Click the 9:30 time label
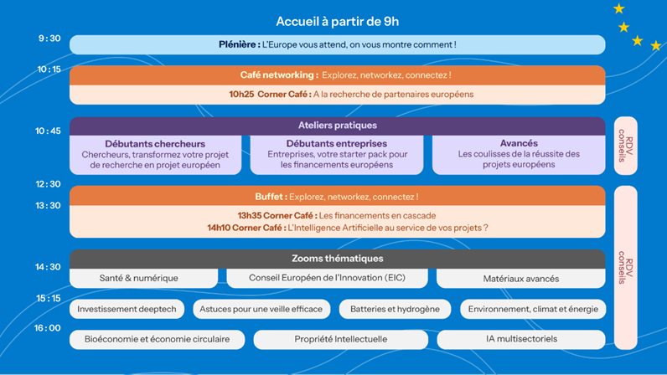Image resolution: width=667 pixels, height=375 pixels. point(49,39)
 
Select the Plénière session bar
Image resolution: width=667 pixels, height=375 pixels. point(337,44)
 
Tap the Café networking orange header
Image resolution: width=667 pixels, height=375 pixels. point(337,74)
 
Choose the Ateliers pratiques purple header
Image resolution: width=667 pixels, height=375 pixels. point(337,126)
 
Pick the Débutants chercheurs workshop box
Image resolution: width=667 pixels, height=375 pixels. point(155,155)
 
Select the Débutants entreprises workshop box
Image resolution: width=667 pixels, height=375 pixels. point(337,155)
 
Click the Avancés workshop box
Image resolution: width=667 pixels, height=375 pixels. point(519,155)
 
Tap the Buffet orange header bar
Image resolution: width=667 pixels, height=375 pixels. point(337,196)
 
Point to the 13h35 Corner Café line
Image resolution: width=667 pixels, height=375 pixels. point(337,215)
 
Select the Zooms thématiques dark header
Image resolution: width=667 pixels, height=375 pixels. point(337,259)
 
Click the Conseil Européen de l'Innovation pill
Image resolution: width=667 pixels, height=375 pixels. point(327,278)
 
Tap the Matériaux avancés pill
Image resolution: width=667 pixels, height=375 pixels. point(520,278)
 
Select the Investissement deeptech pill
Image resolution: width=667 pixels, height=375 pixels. point(127,309)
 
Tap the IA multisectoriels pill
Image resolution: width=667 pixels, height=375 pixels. point(520,339)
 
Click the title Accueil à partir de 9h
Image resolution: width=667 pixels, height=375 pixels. point(337,21)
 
